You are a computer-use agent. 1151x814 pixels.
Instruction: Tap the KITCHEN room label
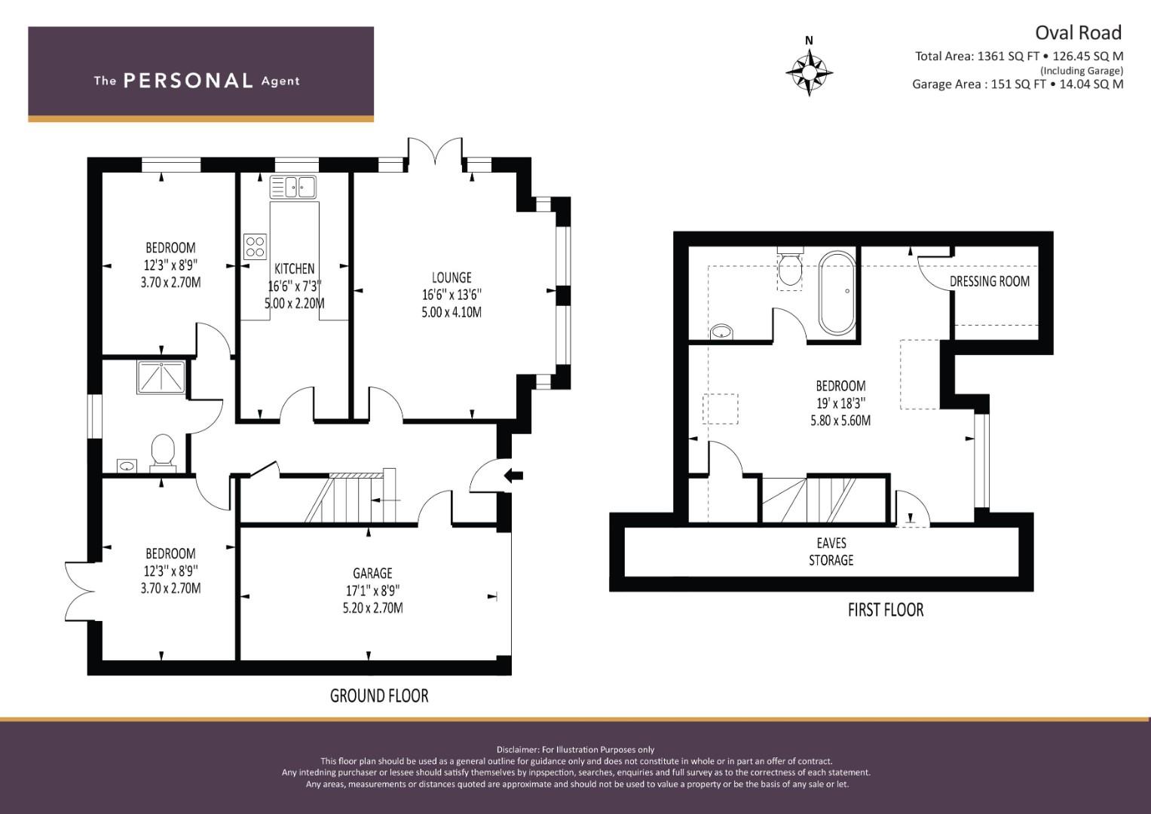coord(295,269)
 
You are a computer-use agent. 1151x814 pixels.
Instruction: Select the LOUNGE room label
coord(452,278)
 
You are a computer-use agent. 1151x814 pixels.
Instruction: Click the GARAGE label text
coord(372,573)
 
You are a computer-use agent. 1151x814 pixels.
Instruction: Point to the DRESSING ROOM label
coord(990,282)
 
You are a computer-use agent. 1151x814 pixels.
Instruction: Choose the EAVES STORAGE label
coord(831,552)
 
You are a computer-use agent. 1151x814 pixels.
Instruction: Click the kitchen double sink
coord(293,187)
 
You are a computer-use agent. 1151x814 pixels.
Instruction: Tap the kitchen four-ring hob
coord(256,246)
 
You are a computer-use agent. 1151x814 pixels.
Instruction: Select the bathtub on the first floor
coord(837,293)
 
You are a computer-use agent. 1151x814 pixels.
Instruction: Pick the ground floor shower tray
coord(161,377)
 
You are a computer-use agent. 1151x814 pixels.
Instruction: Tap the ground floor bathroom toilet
coord(163,453)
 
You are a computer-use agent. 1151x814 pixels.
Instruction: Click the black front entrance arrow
coord(513,476)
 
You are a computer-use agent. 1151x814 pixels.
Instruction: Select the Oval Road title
coord(1078,33)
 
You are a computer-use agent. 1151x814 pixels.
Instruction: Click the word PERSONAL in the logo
coord(188,81)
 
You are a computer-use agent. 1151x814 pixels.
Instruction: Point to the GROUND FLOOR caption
coord(379,696)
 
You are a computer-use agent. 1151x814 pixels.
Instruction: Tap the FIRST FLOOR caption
coord(886,610)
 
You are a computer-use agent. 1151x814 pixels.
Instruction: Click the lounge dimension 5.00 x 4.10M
coord(452,313)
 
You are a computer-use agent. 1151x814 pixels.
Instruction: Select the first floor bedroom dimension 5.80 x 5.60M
coord(840,421)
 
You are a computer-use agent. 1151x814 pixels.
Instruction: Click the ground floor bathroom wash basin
coord(127,466)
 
